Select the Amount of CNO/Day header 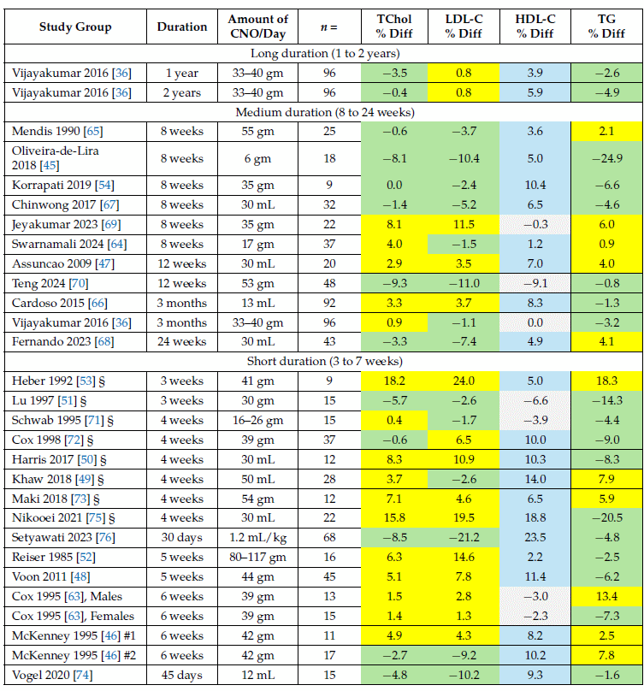[258, 27]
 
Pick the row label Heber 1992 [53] [54, 380]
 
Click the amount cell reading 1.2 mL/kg [258, 537]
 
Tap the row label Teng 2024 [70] [44, 283]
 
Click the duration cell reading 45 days [181, 675]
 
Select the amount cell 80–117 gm [258, 557]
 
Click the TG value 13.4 [604, 596]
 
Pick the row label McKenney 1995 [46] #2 [72, 655]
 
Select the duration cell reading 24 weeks [181, 342]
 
